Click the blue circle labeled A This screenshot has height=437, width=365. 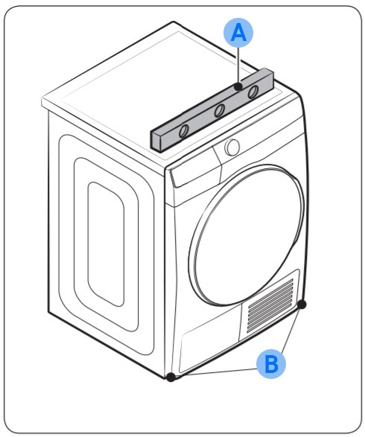tap(238, 32)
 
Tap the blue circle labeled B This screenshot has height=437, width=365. tap(271, 363)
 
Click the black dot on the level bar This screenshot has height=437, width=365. tap(238, 86)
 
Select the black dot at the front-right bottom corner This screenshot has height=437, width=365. tap(302, 304)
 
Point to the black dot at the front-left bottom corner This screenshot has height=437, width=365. tap(171, 377)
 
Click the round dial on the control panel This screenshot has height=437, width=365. tap(232, 147)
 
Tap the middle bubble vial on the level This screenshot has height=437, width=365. tap(220, 111)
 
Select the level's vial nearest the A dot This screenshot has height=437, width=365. tap(253, 92)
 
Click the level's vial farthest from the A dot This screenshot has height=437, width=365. tap(184, 131)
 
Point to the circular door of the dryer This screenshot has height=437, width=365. tap(246, 235)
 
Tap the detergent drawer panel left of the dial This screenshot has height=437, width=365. tap(196, 167)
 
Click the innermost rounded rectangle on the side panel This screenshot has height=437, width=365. tap(106, 244)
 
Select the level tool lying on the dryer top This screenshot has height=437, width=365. tap(212, 109)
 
